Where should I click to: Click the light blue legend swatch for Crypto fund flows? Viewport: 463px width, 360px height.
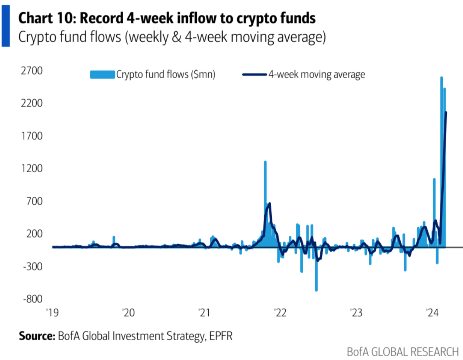pyautogui.click(x=102, y=75)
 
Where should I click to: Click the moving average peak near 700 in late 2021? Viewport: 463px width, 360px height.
pyautogui.click(x=269, y=204)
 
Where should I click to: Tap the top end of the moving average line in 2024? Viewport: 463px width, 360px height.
pyautogui.click(x=446, y=113)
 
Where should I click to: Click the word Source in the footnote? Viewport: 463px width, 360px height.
pyautogui.click(x=37, y=335)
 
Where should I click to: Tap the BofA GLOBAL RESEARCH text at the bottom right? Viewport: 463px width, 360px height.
pyautogui.click(x=402, y=352)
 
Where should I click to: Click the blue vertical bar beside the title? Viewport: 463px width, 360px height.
pyautogui.click(x=5, y=23)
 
